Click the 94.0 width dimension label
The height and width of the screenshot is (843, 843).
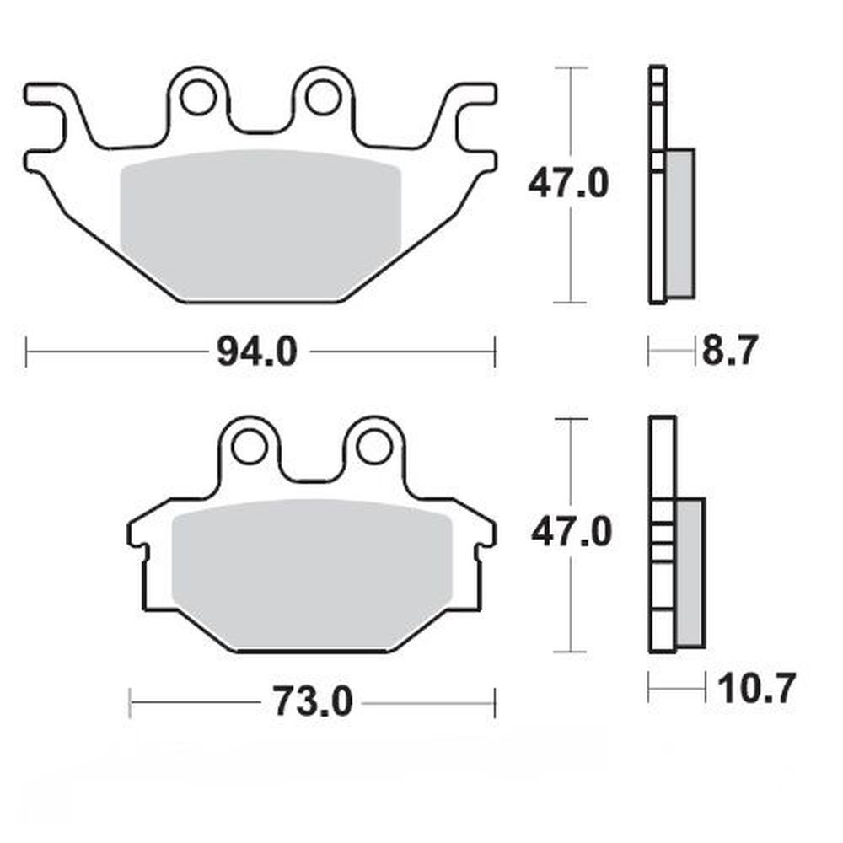tap(257, 352)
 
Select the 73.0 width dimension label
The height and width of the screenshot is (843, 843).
tap(311, 701)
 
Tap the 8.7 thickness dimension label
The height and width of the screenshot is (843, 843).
tap(731, 350)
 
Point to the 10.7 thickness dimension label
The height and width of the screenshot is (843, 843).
tap(756, 689)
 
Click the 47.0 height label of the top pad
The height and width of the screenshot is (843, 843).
tap(567, 183)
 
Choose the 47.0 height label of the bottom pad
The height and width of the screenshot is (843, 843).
tap(571, 533)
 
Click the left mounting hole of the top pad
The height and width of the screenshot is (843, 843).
tap(199, 98)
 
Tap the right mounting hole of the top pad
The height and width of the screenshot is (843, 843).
tap(323, 98)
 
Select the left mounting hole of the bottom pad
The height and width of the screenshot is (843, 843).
tap(250, 448)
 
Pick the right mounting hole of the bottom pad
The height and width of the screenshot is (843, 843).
tap(373, 448)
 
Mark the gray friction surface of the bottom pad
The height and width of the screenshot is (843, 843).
tap(312, 573)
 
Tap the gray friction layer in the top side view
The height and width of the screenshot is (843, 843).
tap(680, 223)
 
